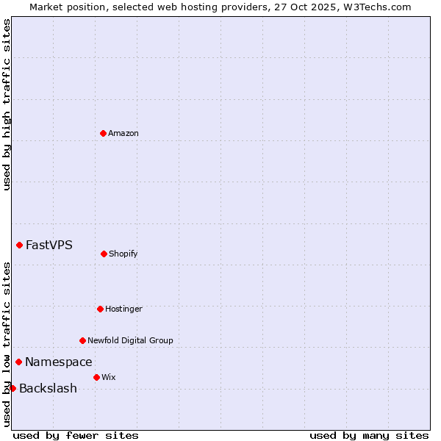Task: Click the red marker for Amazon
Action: [x=103, y=133]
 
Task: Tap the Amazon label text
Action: [x=123, y=134]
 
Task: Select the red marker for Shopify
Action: [x=104, y=254]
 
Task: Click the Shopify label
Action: [x=123, y=254]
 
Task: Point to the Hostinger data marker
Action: [x=100, y=309]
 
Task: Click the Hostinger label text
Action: [x=123, y=309]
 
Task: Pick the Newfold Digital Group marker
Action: [x=82, y=340]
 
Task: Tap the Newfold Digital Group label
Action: [x=131, y=341]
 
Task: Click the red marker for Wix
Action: [x=96, y=377]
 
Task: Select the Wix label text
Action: [x=109, y=378]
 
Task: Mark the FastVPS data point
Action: [x=19, y=245]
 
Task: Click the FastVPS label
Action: [x=49, y=245]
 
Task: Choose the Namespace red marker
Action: [x=18, y=362]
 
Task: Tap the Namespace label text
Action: [x=59, y=362]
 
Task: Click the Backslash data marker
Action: [x=12, y=388]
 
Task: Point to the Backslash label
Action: [x=48, y=389]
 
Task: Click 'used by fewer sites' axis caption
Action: [x=76, y=435]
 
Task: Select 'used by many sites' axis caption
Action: [x=369, y=435]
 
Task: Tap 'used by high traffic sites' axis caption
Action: [x=7, y=104]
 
